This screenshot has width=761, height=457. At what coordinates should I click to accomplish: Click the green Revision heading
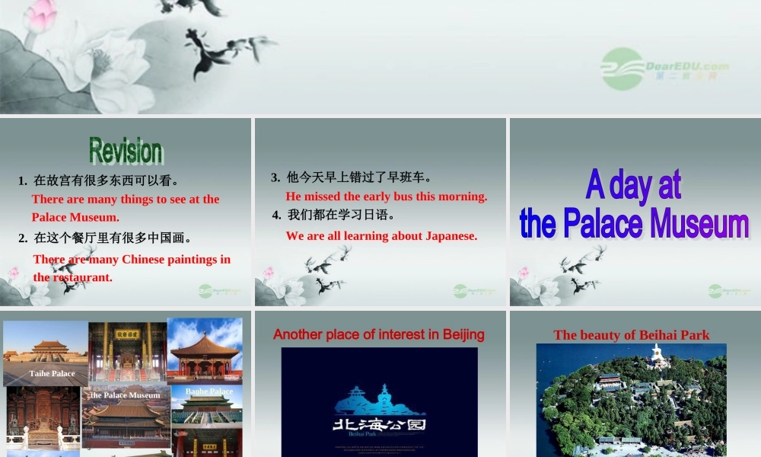[x=126, y=151]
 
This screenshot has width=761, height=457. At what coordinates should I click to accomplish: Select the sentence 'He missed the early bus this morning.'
[x=386, y=197]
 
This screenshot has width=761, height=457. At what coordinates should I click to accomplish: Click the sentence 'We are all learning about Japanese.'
[x=381, y=236]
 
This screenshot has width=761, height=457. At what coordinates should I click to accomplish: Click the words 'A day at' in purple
[x=633, y=185]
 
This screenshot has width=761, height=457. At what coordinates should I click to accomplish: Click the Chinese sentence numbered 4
[x=340, y=216]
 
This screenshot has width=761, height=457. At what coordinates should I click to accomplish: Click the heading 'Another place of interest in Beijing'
[x=378, y=334]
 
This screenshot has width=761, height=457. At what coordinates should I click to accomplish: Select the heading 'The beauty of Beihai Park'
[x=632, y=335]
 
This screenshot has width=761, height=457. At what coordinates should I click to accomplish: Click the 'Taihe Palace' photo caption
[x=53, y=374]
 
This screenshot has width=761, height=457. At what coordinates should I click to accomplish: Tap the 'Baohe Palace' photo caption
[x=209, y=391]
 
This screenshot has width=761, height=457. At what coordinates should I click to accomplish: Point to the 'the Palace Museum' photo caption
[x=126, y=395]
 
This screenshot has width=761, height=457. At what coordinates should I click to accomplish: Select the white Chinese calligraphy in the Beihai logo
[x=379, y=424]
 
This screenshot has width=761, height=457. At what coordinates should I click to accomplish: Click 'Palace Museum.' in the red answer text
[x=75, y=217]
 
